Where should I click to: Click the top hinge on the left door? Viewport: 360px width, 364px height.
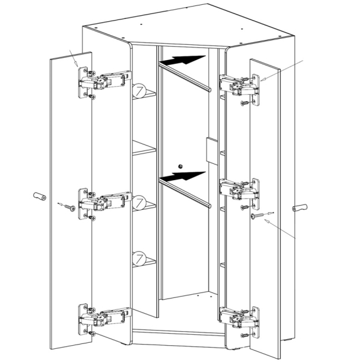[104, 82]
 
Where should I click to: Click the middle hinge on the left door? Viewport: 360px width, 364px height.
[104, 203]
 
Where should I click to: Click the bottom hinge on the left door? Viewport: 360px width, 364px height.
[104, 318]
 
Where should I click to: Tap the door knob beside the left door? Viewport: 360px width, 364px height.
[39, 196]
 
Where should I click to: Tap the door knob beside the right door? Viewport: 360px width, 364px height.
[299, 207]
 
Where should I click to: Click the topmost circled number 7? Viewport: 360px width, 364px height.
[139, 91]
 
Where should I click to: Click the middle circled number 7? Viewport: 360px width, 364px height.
[139, 202]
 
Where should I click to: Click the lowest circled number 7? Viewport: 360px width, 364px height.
[139, 258]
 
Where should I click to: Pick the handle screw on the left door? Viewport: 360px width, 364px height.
[67, 206]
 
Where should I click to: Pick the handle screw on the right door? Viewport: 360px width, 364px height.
[262, 215]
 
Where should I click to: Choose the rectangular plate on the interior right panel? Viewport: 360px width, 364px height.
[212, 151]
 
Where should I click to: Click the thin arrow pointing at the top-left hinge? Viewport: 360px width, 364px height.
[74, 58]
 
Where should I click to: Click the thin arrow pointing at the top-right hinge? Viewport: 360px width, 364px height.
[282, 70]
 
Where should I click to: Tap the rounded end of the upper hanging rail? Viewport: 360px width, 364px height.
[209, 90]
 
